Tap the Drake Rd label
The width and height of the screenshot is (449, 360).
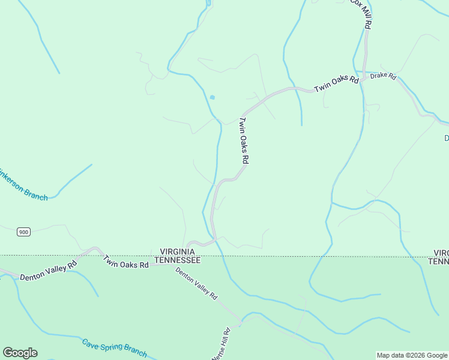tap(384, 76)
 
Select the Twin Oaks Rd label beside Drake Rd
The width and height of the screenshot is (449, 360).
tap(336, 83)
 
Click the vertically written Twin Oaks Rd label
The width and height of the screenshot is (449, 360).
tap(244, 140)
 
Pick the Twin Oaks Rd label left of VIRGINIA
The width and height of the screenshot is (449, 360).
tap(125, 262)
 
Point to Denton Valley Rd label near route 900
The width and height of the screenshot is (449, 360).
tap(49, 271)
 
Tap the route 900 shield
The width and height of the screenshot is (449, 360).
tap(23, 232)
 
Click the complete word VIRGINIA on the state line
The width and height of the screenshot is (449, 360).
tap(177, 251)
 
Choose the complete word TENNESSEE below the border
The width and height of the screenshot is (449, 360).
tap(177, 260)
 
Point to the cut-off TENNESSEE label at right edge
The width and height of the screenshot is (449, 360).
tap(439, 262)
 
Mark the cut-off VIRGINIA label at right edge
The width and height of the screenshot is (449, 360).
tap(441, 253)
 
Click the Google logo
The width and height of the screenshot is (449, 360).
tap(20, 353)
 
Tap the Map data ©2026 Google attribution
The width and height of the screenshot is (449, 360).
tap(412, 355)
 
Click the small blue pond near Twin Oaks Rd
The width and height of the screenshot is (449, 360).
tap(212, 97)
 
